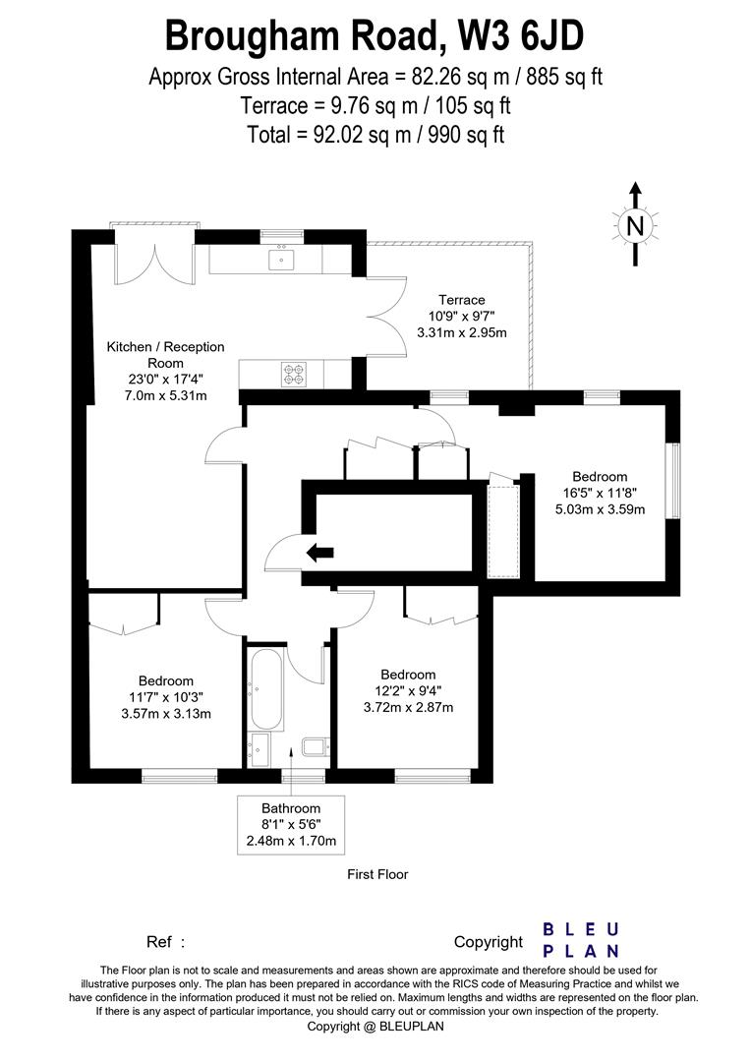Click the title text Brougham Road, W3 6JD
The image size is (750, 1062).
pyautogui.click(x=375, y=36)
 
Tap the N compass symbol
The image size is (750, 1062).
pyautogui.click(x=635, y=226)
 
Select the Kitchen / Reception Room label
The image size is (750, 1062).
pyautogui.click(x=165, y=355)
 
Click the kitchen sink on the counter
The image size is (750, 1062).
pyautogui.click(x=281, y=260)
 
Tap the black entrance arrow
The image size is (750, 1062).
pyautogui.click(x=319, y=553)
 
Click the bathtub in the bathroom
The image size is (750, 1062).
pyautogui.click(x=266, y=688)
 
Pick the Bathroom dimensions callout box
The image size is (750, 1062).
pyautogui.click(x=291, y=824)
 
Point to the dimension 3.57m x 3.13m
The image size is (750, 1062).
pyautogui.click(x=165, y=714)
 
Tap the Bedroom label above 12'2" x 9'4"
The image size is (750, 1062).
pyautogui.click(x=408, y=675)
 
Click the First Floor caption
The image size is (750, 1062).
pyautogui.click(x=377, y=874)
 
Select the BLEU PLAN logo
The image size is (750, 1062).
pyautogui.click(x=582, y=940)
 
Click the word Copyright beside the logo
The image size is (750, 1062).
pyautogui.click(x=488, y=942)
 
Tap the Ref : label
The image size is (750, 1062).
pyautogui.click(x=165, y=942)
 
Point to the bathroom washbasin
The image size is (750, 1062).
pyautogui.click(x=260, y=749)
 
